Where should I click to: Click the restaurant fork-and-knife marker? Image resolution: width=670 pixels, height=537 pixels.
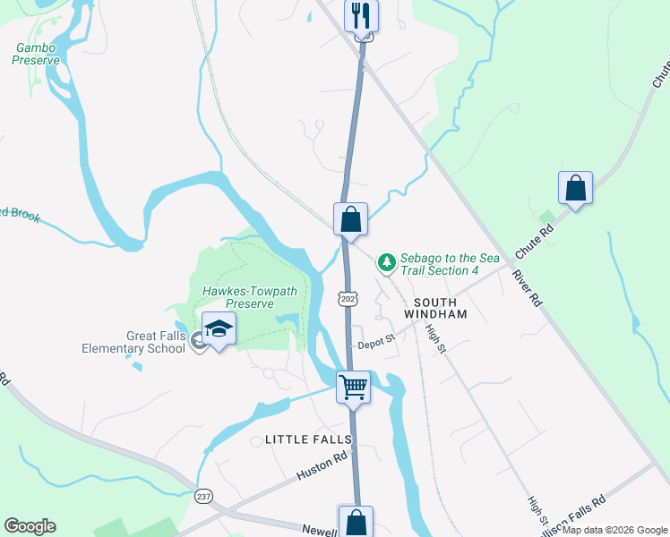tap(362, 16)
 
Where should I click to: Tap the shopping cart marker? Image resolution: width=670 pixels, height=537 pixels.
tap(353, 388)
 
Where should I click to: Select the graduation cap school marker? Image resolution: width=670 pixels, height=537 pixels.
tap(218, 329)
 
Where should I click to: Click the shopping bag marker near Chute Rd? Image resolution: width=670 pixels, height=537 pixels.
tap(575, 188)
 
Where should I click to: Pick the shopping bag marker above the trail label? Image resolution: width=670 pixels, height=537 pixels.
tap(351, 219)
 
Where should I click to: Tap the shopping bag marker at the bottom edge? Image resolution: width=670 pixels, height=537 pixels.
tap(356, 521)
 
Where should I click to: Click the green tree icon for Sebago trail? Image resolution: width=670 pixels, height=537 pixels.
tap(386, 262)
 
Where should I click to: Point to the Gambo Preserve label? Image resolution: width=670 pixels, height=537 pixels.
tap(36, 54)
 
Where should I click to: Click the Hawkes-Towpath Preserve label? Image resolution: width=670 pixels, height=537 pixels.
tap(237, 297)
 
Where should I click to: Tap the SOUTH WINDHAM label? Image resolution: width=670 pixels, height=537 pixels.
tap(436, 309)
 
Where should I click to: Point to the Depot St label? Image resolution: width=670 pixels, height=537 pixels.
tap(377, 341)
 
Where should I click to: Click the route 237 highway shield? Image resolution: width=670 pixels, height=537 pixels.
tap(204, 495)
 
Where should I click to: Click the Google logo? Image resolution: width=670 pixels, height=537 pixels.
tap(30, 526)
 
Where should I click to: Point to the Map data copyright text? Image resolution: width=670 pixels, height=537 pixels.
tap(614, 530)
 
